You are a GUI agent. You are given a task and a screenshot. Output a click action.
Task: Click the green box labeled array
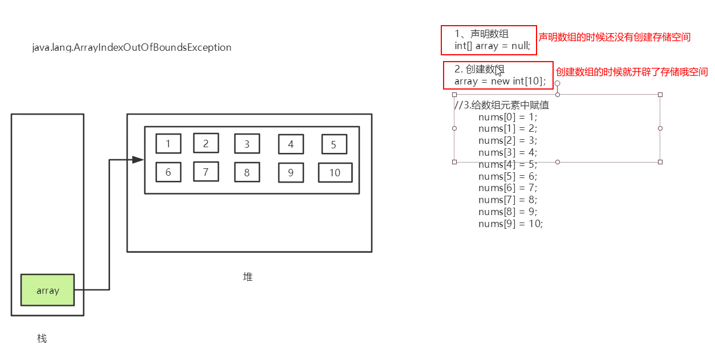click(47, 290)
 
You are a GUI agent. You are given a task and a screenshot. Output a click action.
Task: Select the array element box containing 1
click(168, 144)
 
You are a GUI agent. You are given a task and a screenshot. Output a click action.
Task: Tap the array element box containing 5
click(334, 144)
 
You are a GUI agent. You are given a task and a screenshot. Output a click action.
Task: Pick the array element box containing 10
click(335, 172)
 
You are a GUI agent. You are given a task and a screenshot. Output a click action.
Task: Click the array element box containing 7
click(206, 171)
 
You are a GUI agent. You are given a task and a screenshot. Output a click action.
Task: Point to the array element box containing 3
click(247, 144)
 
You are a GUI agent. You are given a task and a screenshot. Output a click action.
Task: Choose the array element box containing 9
click(291, 172)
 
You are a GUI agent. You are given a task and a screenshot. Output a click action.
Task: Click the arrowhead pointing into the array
click(138, 160)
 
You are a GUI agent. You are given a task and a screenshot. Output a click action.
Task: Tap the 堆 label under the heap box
click(247, 277)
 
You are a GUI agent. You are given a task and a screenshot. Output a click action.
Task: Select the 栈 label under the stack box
click(42, 338)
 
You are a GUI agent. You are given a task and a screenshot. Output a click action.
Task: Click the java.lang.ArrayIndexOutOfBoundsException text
click(132, 47)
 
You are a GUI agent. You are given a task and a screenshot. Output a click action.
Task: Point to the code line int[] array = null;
click(493, 46)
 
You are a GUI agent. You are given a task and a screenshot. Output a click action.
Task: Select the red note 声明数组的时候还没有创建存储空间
click(615, 37)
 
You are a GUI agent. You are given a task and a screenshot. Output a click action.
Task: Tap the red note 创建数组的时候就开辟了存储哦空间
click(632, 72)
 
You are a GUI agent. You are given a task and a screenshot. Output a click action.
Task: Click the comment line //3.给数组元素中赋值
click(501, 105)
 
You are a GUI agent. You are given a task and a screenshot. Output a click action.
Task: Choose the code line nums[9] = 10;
click(510, 224)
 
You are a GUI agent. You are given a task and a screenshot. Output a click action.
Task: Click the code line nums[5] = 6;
click(507, 176)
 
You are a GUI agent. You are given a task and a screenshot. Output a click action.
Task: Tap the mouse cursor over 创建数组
click(499, 71)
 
